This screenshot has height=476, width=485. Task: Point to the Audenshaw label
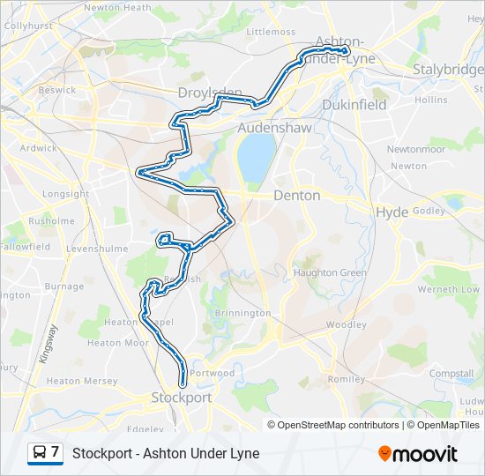coord(275,128)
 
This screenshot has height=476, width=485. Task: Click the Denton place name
coord(297,195)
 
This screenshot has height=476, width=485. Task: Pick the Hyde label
coord(392,212)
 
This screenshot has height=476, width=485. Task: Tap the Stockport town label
coord(182,398)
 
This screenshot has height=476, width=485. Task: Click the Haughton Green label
coord(330,272)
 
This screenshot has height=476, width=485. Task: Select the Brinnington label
coord(242,313)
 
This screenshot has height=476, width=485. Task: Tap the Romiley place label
coord(345,379)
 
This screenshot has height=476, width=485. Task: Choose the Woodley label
coord(346,324)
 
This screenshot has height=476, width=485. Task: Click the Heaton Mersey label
coord(82,381)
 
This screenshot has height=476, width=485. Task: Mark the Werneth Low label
coord(450,289)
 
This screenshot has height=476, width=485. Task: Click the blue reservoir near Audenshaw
coord(256,158)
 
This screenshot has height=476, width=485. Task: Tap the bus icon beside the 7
coord(40,453)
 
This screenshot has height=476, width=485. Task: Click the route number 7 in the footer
coord(56,453)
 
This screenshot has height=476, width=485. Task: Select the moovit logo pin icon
coord(384,453)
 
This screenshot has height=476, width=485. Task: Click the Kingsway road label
coord(48,345)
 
